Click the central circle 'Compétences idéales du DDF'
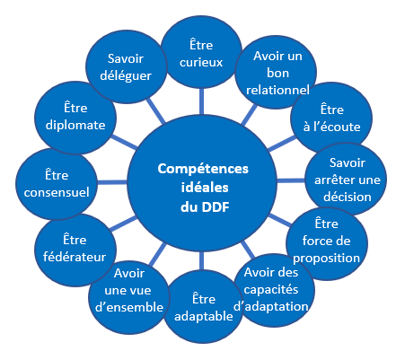202,182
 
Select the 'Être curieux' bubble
201,53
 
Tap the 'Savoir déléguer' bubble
126,67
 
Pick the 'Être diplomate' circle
75,118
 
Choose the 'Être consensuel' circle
57,184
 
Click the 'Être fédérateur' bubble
75,250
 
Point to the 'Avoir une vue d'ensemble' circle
129,297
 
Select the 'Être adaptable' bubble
204,307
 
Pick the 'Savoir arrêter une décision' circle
346,180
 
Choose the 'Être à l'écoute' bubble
331,119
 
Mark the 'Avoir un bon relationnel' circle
276,72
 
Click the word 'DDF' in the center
216,207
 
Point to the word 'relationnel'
277,90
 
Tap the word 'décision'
348,197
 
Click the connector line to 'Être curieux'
202,101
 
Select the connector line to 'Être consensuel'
112,182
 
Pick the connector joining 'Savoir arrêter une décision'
291,180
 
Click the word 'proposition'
327,259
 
